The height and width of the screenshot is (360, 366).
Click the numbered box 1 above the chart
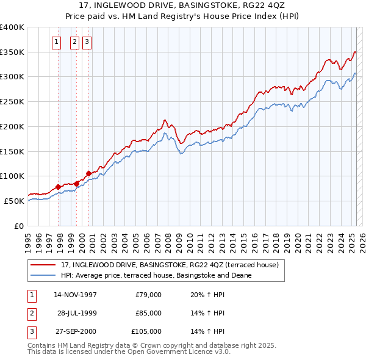click(56, 42)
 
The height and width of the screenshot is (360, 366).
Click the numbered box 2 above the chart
click(74, 42)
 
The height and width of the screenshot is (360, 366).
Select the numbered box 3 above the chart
click(87, 42)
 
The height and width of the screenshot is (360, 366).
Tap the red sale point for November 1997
click(59, 187)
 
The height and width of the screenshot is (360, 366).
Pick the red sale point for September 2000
click(89, 173)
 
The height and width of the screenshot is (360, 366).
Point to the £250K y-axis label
click(12, 102)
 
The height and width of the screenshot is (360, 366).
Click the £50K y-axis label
click(15, 201)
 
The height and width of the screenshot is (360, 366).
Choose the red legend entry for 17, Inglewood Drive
click(170, 265)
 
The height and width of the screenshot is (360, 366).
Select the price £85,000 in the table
click(148, 313)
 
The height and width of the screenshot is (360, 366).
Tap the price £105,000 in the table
click(146, 331)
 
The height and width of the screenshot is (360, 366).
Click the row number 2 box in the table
click(31, 313)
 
